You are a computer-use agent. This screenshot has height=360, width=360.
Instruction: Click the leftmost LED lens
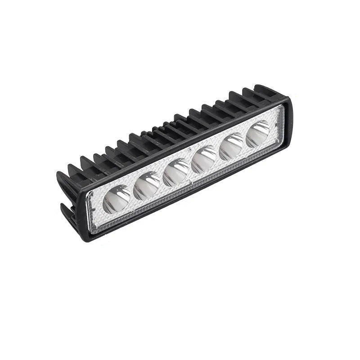[x=117, y=199]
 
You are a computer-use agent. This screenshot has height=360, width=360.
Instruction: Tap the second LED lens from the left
[x=147, y=186]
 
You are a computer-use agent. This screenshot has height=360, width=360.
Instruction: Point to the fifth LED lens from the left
[x=232, y=147]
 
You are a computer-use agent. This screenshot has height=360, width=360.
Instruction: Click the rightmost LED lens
[x=258, y=134]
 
